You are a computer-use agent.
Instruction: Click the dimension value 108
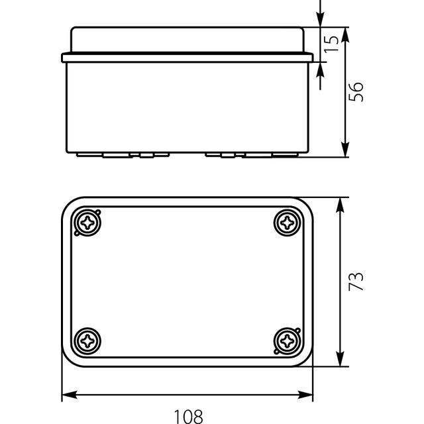click(188, 417)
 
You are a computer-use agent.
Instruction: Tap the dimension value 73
click(356, 282)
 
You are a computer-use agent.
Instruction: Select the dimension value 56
click(356, 92)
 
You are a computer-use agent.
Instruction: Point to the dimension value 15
click(331, 44)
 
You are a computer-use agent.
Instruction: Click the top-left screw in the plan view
click(87, 223)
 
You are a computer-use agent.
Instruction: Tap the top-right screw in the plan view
click(287, 223)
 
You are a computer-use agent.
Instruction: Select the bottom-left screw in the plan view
click(87, 341)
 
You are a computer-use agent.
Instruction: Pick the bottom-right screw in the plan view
click(287, 341)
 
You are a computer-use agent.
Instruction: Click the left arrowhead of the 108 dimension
click(70, 395)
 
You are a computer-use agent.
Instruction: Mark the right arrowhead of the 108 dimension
click(305, 395)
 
